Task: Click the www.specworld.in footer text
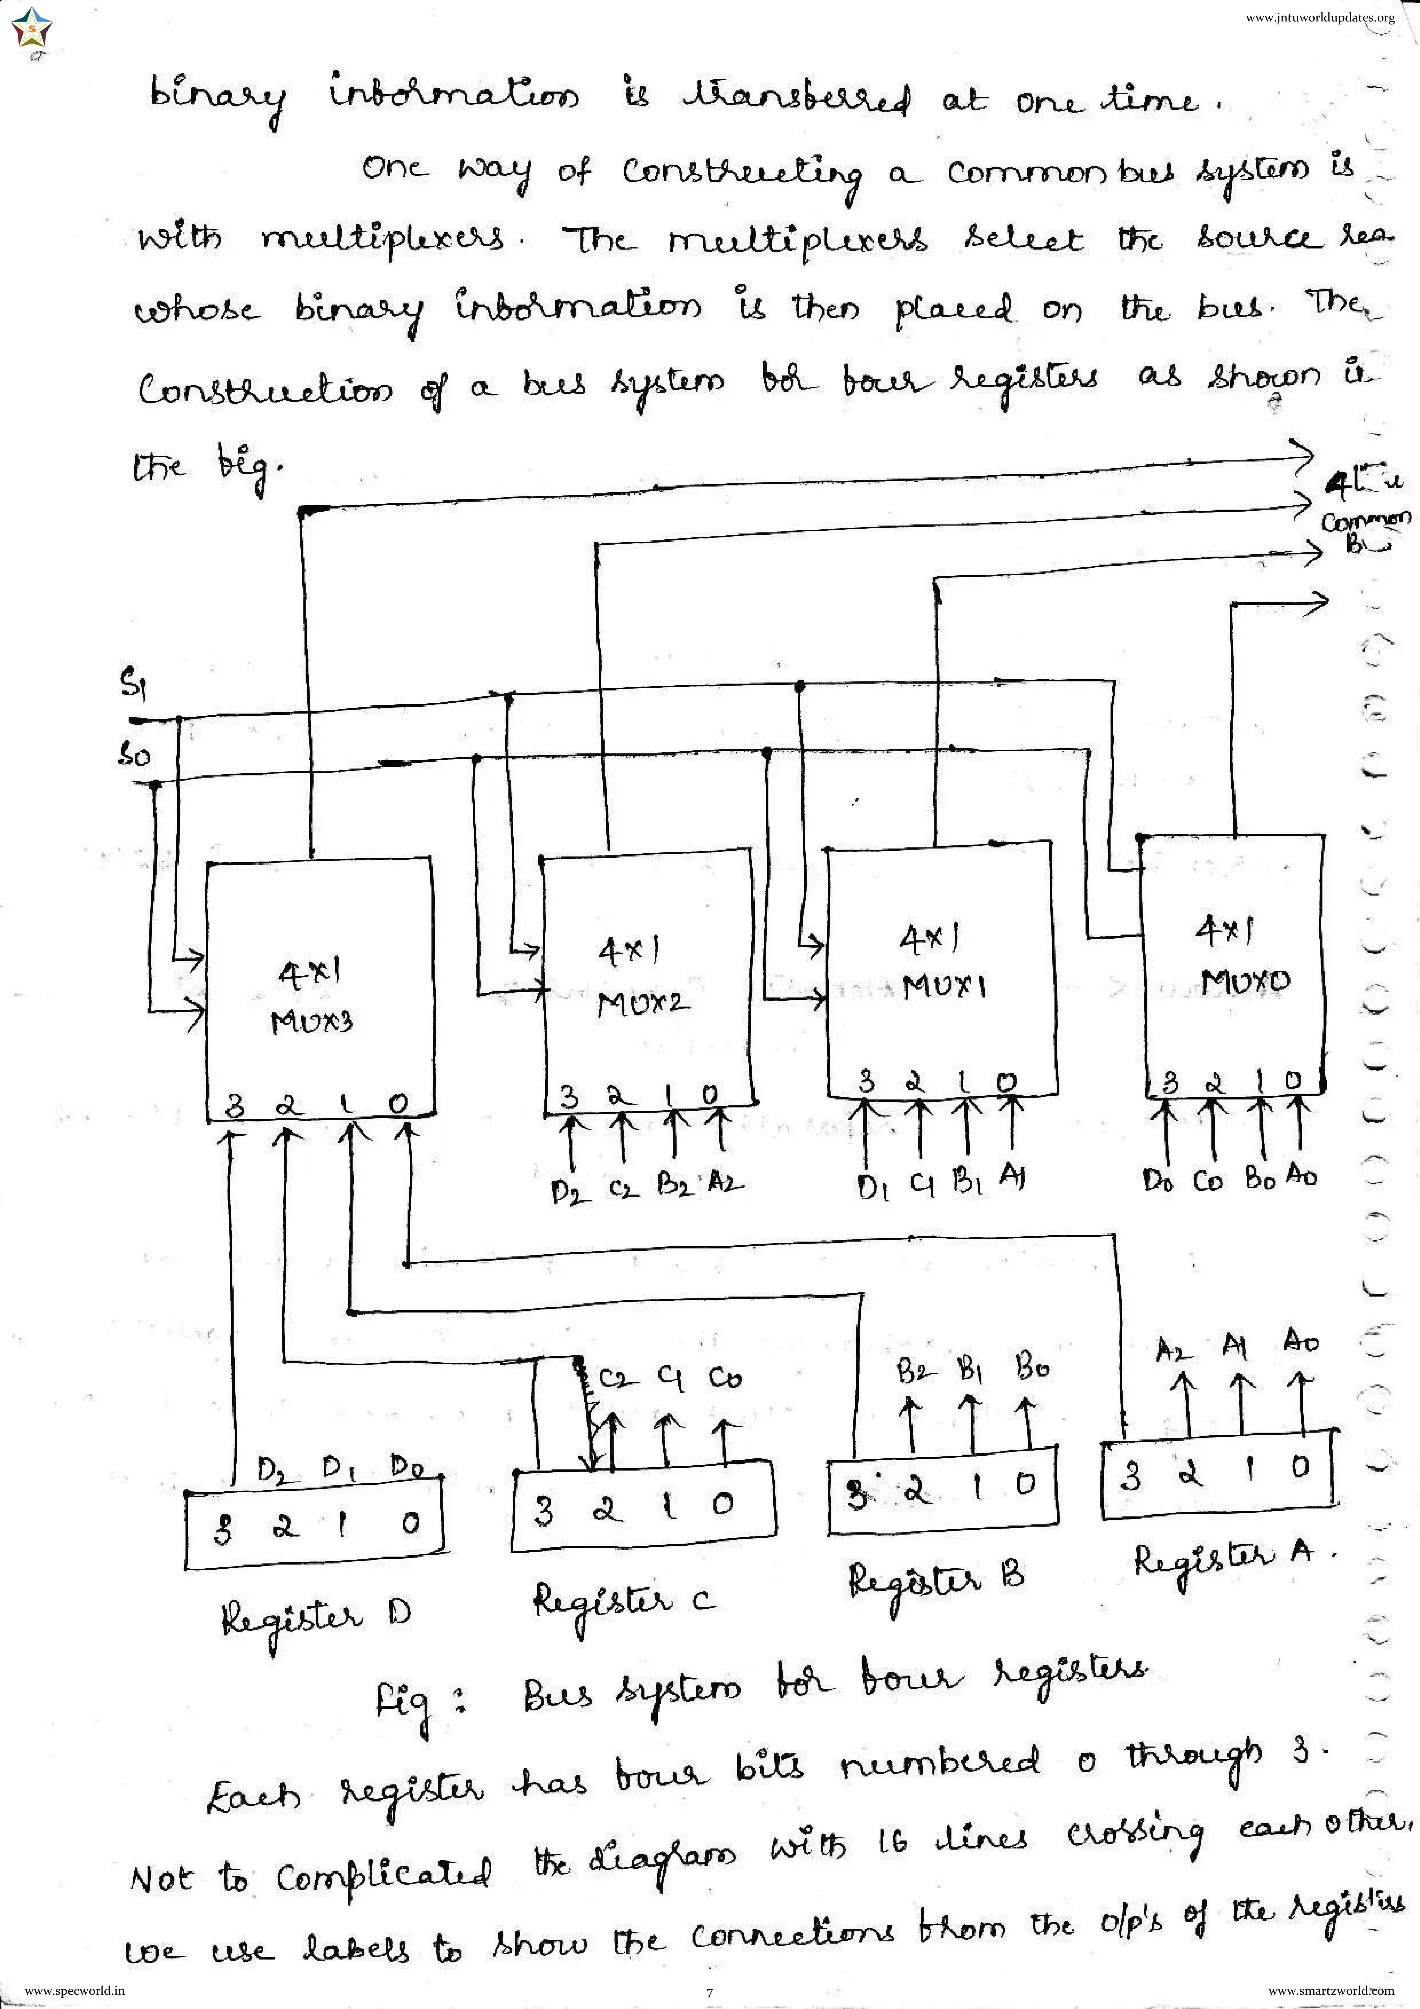74,1991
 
